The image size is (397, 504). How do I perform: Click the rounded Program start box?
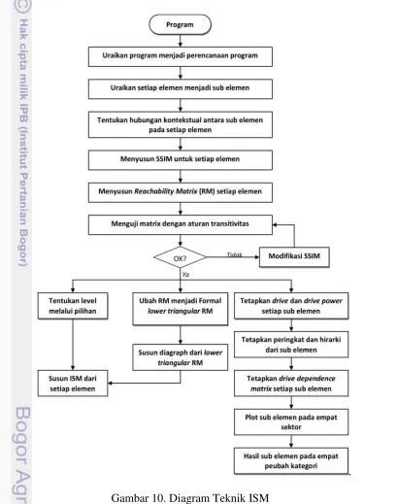coord(180,24)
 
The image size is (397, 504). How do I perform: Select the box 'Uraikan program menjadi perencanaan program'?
coord(181,56)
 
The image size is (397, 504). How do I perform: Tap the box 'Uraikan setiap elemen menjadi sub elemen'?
coord(181,89)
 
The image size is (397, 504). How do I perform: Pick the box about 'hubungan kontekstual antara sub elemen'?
coord(181,124)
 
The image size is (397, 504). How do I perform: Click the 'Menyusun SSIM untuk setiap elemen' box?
coord(181,160)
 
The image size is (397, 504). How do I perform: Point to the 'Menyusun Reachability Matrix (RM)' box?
coord(181,192)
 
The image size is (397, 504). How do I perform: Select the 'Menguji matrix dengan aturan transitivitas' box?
coord(181,224)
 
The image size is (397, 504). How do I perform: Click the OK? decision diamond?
coord(180,257)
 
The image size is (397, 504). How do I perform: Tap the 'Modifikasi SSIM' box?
coord(294,257)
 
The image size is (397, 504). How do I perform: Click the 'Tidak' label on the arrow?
coord(235,254)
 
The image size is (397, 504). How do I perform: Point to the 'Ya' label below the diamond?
coord(185,275)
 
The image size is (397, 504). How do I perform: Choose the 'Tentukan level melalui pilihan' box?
coord(73,306)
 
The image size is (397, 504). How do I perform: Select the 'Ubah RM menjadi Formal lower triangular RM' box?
coord(181,309)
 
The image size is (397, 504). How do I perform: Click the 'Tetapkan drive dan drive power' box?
coord(291,306)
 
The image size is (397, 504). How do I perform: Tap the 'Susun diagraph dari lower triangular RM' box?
coord(181,357)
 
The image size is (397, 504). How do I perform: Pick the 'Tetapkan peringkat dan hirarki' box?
coord(291,345)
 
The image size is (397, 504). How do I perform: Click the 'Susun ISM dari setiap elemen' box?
coord(73,384)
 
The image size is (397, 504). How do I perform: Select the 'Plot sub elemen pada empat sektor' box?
coord(291,422)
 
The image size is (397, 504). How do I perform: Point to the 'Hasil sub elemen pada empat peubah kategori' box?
coord(291,461)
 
